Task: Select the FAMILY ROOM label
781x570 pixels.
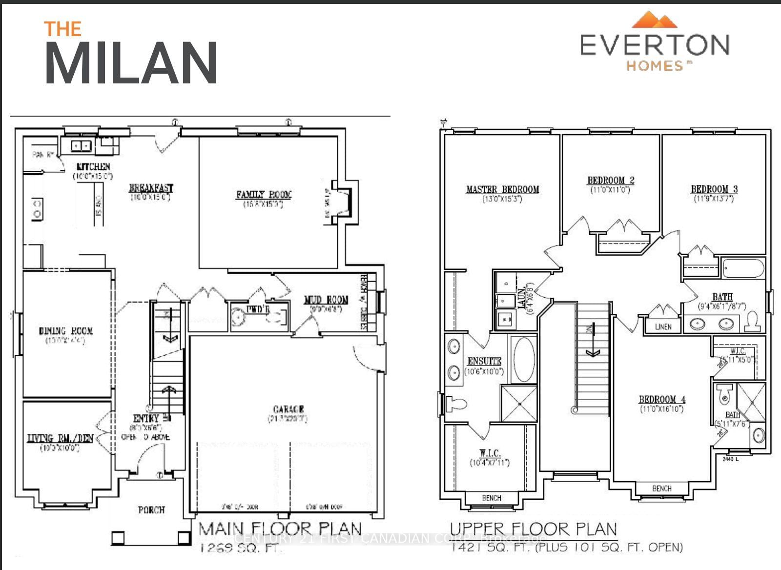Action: click(264, 195)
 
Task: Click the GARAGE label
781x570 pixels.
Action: click(288, 409)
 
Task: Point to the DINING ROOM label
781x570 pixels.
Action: click(65, 331)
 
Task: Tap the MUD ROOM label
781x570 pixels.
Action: click(326, 300)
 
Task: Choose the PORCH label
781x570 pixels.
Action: click(151, 509)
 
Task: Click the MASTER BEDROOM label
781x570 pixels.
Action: click(502, 189)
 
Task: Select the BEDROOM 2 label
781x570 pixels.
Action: click(610, 180)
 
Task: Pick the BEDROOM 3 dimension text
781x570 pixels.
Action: click(714, 198)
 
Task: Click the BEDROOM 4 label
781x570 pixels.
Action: click(662, 399)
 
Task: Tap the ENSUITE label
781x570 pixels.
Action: click(484, 361)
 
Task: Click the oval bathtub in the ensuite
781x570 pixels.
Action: click(523, 359)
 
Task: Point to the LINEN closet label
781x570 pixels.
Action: click(663, 326)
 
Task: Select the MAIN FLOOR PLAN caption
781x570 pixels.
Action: click(280, 529)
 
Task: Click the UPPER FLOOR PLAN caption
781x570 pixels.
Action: click(533, 529)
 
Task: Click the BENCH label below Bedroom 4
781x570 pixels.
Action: click(661, 488)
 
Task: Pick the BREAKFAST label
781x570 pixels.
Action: click(151, 188)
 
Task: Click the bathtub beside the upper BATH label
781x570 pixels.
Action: click(742, 268)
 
